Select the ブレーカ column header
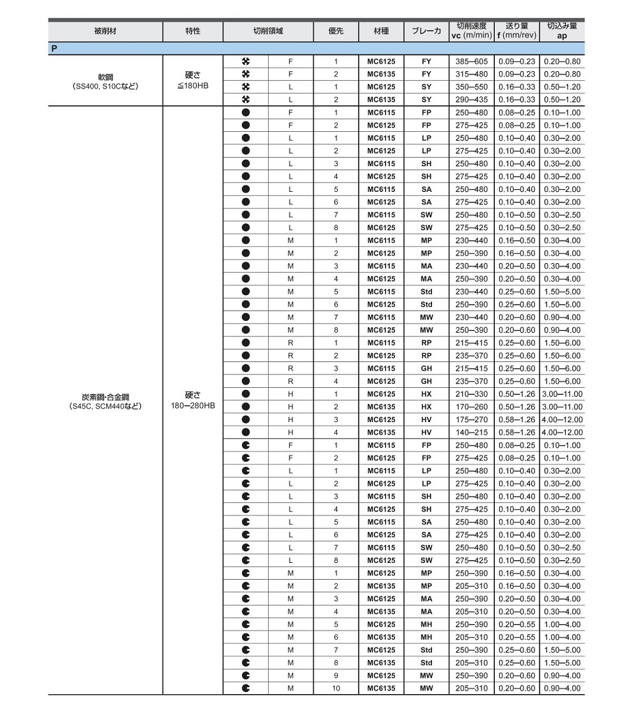pos(426,32)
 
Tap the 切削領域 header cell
pos(268,32)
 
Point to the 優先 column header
pos(336,32)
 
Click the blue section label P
pos(54,49)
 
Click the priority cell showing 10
pos(336,689)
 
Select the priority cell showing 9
pos(336,676)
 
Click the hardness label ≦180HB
pos(193,87)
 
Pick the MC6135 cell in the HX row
pos(381,407)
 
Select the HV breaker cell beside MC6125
pos(426,420)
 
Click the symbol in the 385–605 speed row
pos(245,61)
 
